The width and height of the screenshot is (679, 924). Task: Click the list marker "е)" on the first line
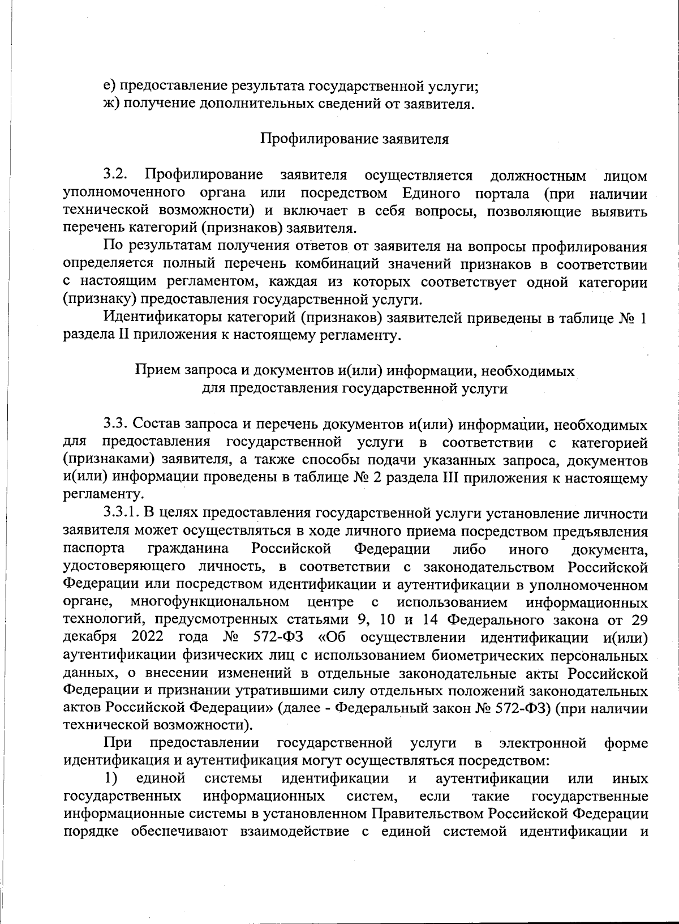coord(109,86)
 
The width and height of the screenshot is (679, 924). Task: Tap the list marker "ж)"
coord(111,104)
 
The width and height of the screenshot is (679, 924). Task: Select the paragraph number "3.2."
coord(117,175)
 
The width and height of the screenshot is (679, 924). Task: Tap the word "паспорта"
coord(94,549)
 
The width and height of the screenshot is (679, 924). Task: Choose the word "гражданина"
coord(188,549)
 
